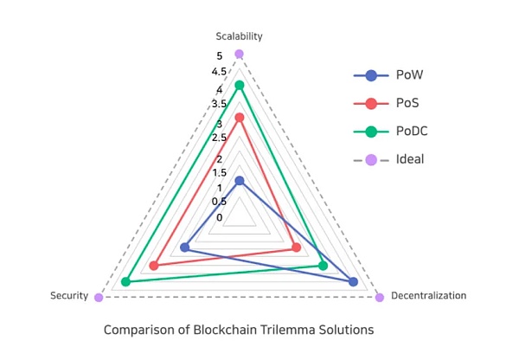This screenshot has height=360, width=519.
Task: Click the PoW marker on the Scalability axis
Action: [240, 181]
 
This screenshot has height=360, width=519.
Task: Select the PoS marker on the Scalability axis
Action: [240, 117]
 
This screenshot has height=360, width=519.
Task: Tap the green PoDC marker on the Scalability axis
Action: [240, 85]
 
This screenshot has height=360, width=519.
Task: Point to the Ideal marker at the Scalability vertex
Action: [240, 54]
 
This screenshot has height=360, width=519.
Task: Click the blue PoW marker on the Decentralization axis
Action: [353, 281]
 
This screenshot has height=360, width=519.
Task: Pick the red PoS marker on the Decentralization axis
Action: [297, 248]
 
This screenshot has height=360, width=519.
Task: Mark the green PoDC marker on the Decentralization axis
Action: [323, 265]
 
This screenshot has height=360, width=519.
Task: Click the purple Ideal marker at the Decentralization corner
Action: [380, 298]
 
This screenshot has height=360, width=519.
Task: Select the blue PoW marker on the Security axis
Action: [184, 248]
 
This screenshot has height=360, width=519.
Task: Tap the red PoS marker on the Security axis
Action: [154, 265]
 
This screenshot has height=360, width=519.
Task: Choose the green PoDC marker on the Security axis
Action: [126, 281]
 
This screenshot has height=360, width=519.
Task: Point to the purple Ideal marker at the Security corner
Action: [99, 298]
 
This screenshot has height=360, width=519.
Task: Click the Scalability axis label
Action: [239, 36]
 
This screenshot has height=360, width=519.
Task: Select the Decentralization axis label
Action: [429, 296]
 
